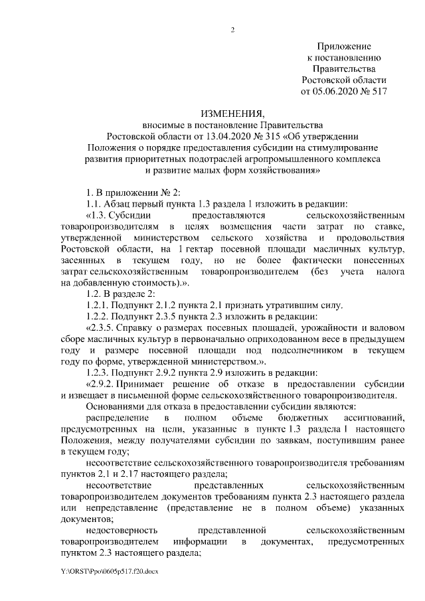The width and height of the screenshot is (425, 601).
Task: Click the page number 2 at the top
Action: (232, 29)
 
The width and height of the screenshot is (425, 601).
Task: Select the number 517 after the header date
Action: (375, 91)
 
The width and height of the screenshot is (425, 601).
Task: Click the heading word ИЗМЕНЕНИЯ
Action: (232, 114)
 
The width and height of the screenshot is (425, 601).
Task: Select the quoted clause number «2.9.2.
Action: (102, 385)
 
